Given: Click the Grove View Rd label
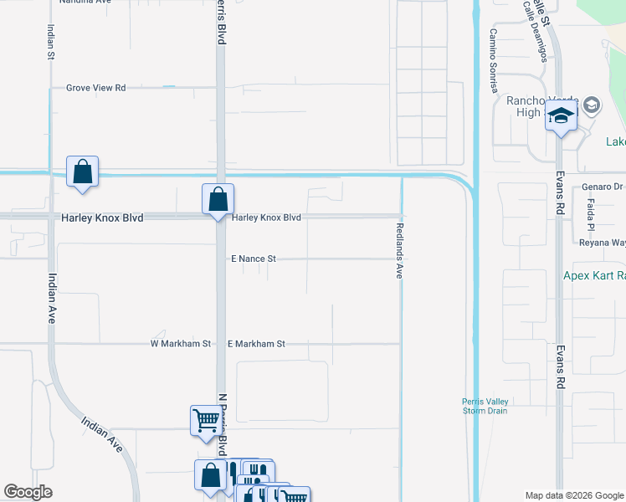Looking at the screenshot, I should [95, 87].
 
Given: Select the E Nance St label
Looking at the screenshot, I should [254, 259].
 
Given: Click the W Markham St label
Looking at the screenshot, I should [180, 344].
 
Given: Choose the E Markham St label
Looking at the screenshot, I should [257, 344].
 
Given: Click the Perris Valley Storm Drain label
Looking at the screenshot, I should [485, 406].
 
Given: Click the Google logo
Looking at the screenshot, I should [28, 492].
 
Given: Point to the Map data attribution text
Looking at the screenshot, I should [574, 495].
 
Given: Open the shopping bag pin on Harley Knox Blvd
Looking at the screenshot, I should [218, 201].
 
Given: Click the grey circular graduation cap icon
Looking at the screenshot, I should [592, 105].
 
